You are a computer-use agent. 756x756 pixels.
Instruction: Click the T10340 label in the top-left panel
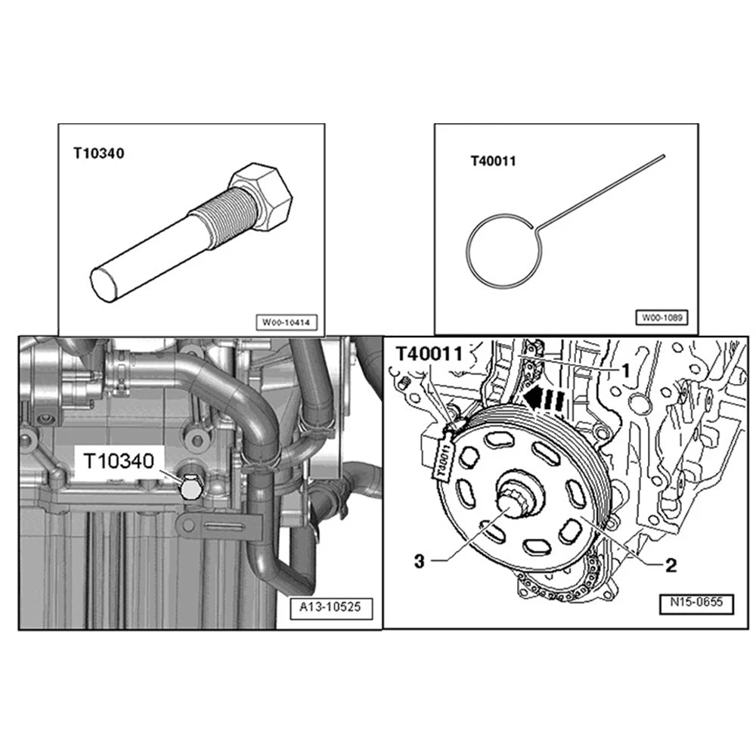(x=99, y=153)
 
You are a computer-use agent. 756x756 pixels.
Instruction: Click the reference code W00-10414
(x=287, y=322)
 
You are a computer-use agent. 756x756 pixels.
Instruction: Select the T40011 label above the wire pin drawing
(x=493, y=161)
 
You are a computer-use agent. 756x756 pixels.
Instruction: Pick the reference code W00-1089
(x=662, y=318)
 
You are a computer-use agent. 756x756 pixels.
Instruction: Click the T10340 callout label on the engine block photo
(x=119, y=461)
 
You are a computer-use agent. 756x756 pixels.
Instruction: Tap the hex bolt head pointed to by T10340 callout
(x=191, y=488)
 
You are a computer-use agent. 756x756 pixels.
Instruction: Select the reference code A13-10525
(x=331, y=607)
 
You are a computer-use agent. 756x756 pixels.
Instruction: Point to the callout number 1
(x=625, y=371)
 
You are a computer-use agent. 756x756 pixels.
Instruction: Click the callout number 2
(x=671, y=565)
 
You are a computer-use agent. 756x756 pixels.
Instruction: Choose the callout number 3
(x=420, y=561)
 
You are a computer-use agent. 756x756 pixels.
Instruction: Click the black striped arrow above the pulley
(x=544, y=400)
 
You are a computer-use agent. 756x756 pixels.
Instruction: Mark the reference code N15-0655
(x=697, y=603)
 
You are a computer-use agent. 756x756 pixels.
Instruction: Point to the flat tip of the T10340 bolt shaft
(x=104, y=284)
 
